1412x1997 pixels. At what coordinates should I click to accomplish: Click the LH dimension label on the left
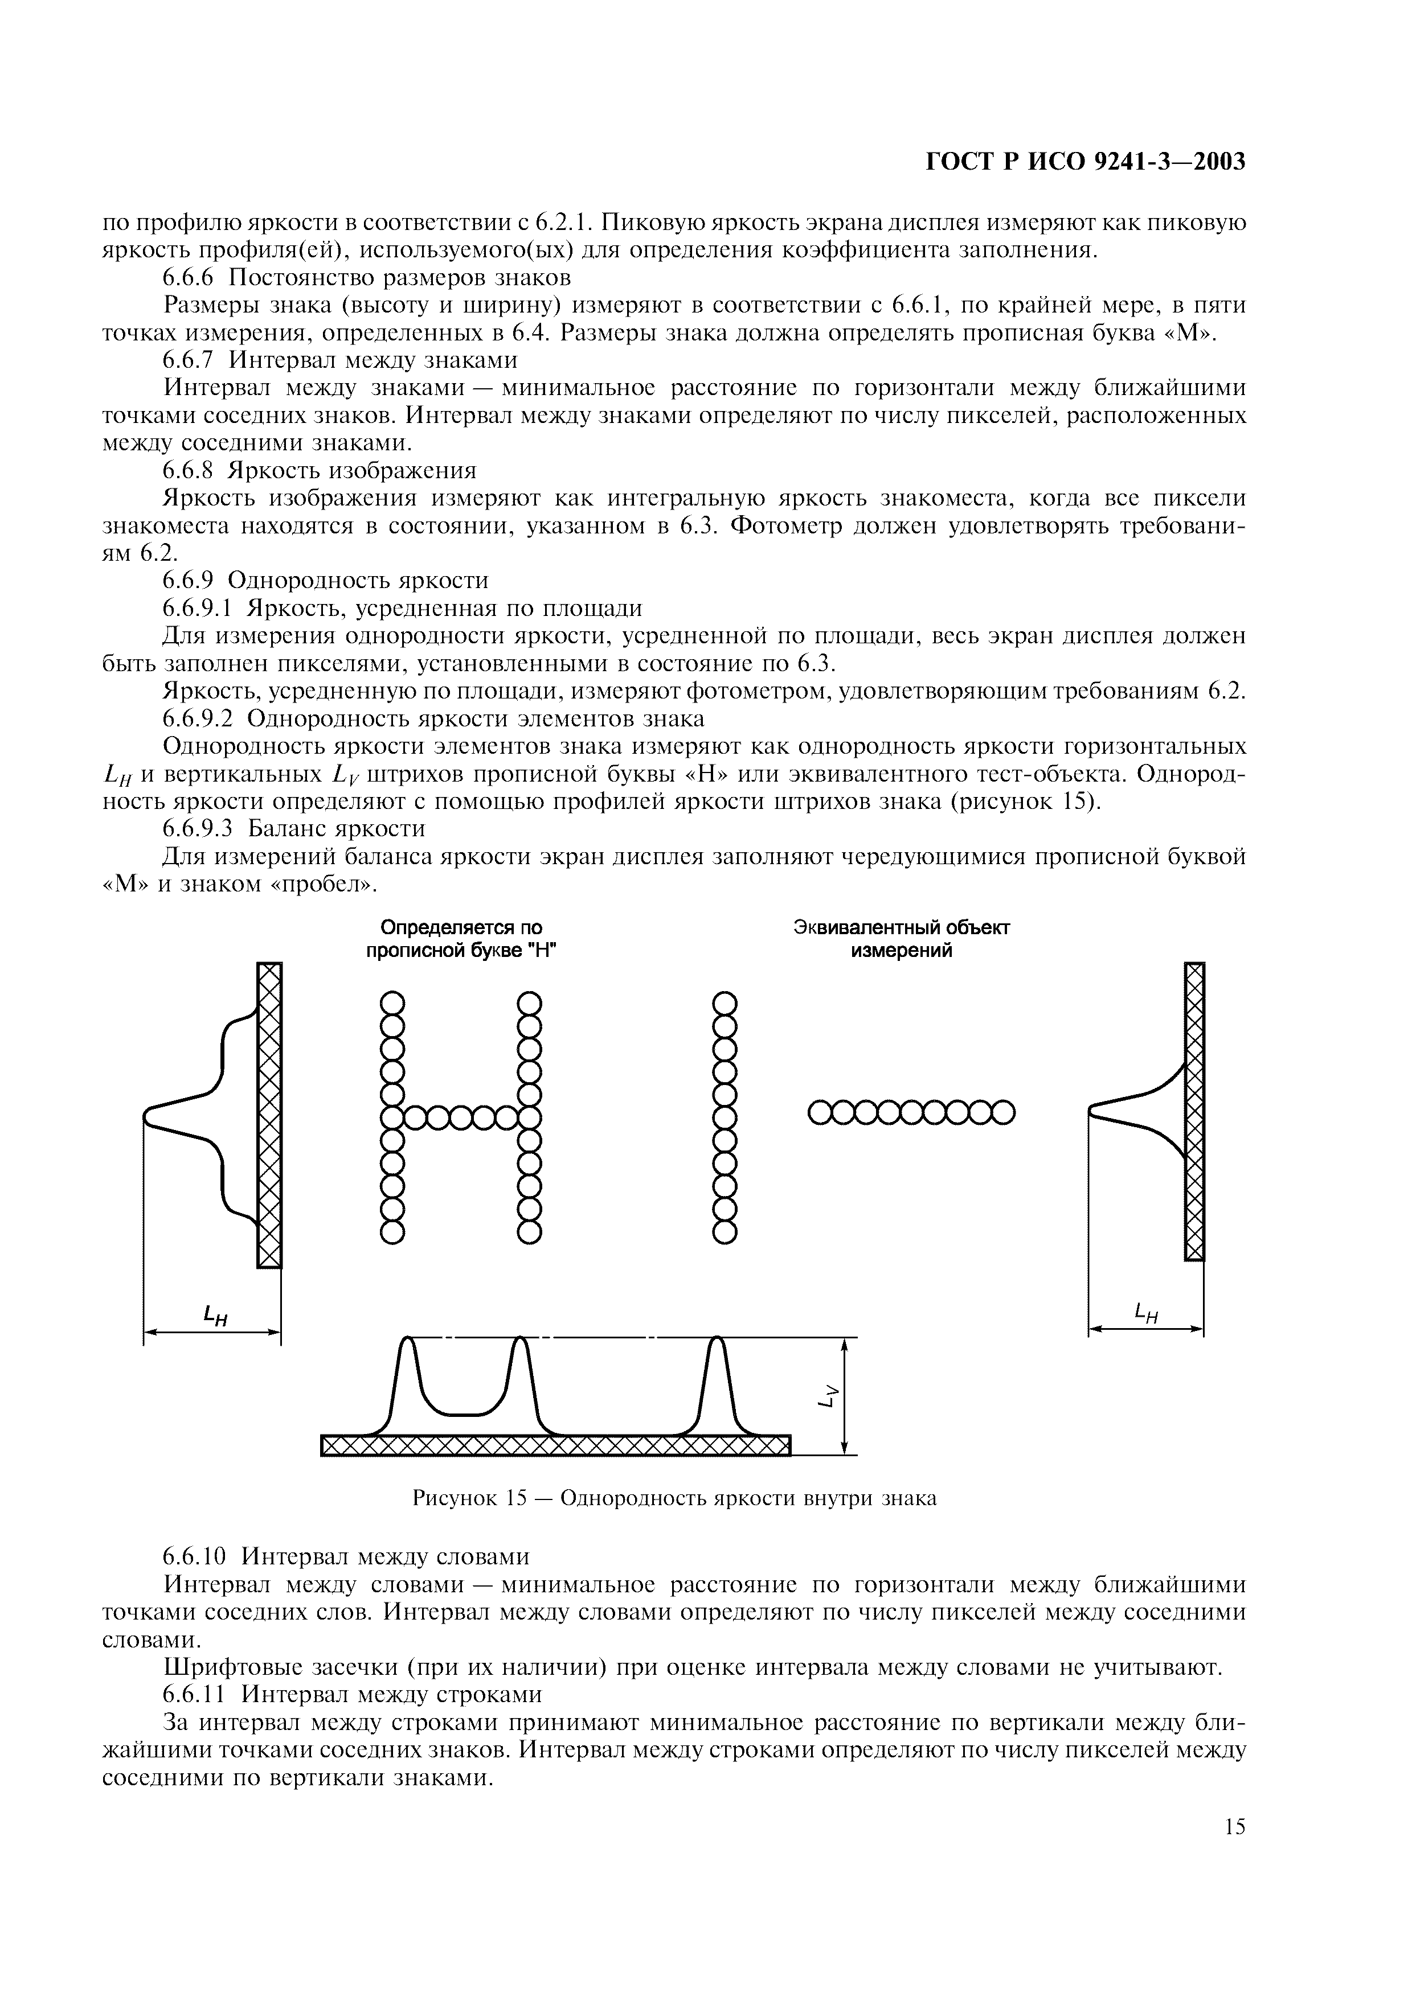click(x=215, y=1316)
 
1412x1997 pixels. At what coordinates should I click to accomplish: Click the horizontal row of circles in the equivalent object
click(x=912, y=1112)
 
